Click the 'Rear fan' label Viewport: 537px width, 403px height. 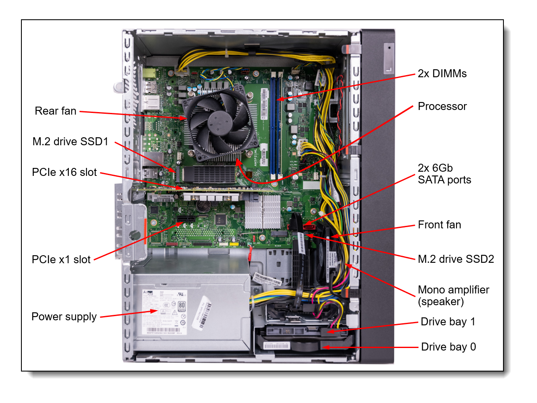click(x=55, y=111)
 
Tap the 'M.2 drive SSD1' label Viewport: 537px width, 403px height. click(x=70, y=141)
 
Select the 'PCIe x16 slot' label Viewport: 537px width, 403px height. click(x=64, y=172)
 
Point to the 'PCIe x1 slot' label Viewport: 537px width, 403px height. click(x=61, y=259)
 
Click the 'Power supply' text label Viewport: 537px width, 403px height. click(x=64, y=317)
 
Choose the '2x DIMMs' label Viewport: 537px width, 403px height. click(x=442, y=73)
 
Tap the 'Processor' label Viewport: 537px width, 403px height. click(x=442, y=106)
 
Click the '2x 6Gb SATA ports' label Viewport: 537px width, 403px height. click(x=444, y=174)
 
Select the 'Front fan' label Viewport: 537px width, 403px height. click(x=439, y=225)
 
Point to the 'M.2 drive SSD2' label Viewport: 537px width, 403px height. click(x=456, y=259)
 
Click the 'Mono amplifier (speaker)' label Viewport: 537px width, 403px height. click(x=453, y=296)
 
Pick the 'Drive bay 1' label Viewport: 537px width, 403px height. click(x=448, y=322)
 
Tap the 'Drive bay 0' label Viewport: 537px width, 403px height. click(x=448, y=347)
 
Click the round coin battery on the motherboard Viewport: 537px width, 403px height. click(x=204, y=206)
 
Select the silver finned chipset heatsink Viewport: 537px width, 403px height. click(x=263, y=212)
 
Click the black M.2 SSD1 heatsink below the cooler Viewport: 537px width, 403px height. click(x=210, y=173)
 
